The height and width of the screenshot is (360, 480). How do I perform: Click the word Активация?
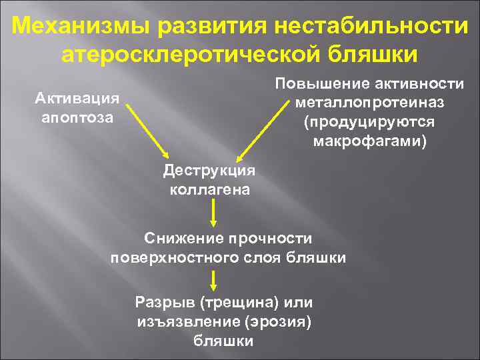tap(77, 99)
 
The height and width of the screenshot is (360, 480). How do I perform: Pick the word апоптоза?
tap(77, 117)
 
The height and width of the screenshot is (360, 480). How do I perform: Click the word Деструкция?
tap(209, 171)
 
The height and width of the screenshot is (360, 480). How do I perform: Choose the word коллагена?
tap(209, 189)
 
